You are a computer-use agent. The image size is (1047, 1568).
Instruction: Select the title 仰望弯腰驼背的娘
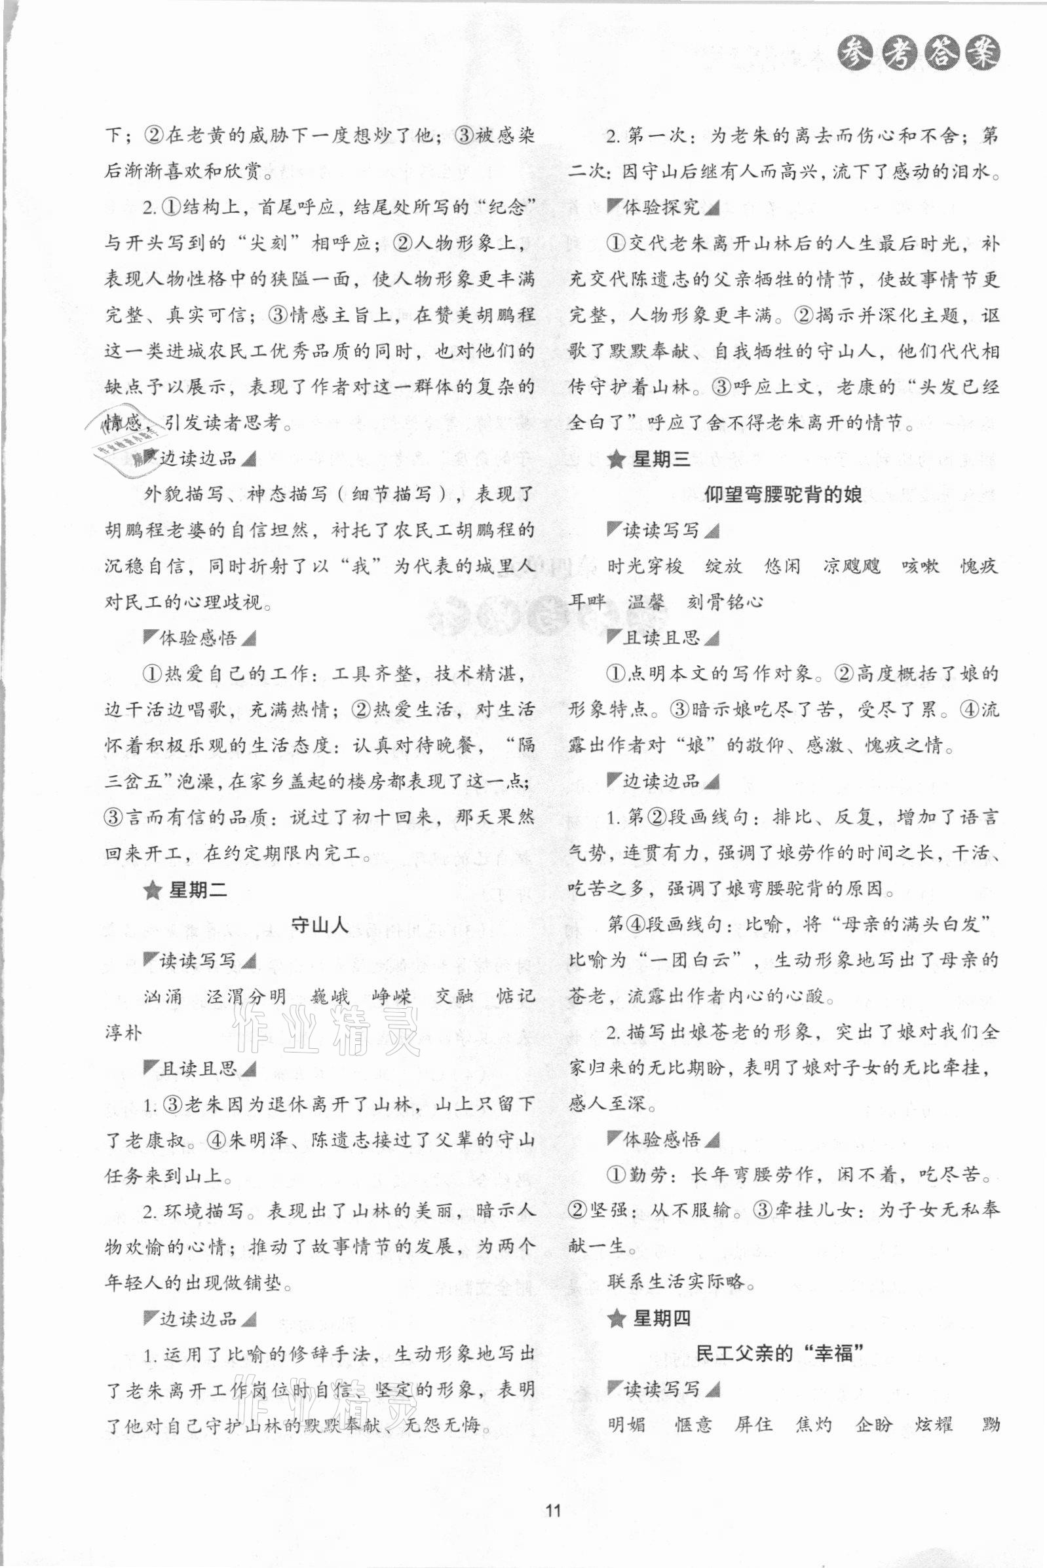click(783, 495)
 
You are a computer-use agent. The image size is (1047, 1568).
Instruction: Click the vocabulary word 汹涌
click(164, 997)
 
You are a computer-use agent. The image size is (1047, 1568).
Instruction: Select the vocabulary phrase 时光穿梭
click(647, 566)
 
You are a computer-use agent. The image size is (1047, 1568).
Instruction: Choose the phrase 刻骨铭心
click(725, 602)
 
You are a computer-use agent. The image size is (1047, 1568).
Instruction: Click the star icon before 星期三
click(617, 460)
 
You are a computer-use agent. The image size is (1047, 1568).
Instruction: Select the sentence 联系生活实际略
click(681, 1282)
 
